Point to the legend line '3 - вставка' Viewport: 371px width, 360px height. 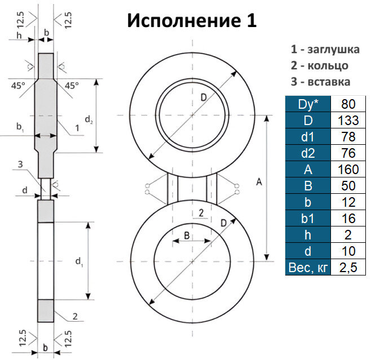pos(320,81)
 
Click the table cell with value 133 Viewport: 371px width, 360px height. pos(348,121)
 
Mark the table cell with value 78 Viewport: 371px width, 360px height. pos(348,137)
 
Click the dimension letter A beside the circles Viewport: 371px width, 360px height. pos(259,181)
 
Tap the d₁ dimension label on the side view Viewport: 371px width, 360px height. pos(79,261)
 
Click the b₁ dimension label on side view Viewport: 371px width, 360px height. pos(20,128)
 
